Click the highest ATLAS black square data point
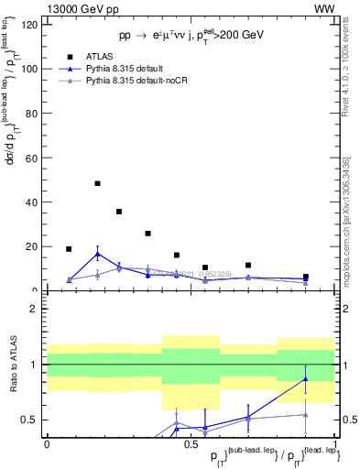(97, 183)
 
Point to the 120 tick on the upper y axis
(31, 25)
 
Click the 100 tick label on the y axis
(31, 69)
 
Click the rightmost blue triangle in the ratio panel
(305, 378)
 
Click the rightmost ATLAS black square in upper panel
(305, 277)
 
